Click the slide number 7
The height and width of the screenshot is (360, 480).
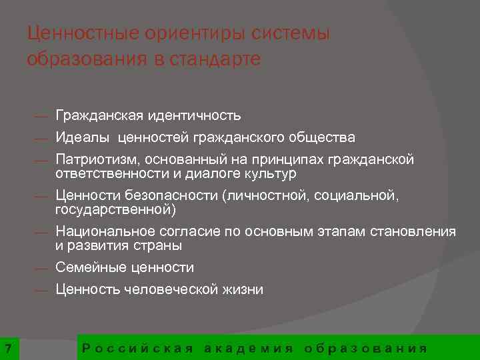point(7,348)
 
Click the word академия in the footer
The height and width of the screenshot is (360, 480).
point(249,348)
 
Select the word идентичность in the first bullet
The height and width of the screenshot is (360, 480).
point(194,116)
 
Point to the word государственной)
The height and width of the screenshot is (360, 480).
point(116,210)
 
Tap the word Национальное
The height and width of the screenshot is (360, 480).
point(105,232)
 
